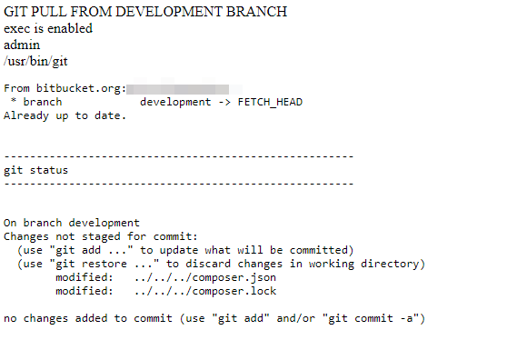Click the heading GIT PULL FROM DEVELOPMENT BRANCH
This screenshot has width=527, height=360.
(x=145, y=12)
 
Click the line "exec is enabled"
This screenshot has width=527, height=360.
(x=48, y=28)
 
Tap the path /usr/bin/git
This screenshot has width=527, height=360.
(x=35, y=61)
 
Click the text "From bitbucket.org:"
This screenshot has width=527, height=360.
(x=65, y=89)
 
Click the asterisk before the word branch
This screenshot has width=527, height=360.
(x=14, y=103)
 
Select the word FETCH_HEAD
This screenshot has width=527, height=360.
(x=270, y=102)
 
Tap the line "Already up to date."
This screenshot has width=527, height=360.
(x=65, y=115)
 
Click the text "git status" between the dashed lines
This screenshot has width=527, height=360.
(x=35, y=170)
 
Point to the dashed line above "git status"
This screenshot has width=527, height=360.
(x=178, y=156)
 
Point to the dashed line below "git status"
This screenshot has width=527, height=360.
(x=178, y=184)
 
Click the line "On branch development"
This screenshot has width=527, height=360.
(x=72, y=223)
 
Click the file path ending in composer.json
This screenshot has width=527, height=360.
(x=204, y=277)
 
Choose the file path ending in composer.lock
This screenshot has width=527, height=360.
(x=204, y=291)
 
